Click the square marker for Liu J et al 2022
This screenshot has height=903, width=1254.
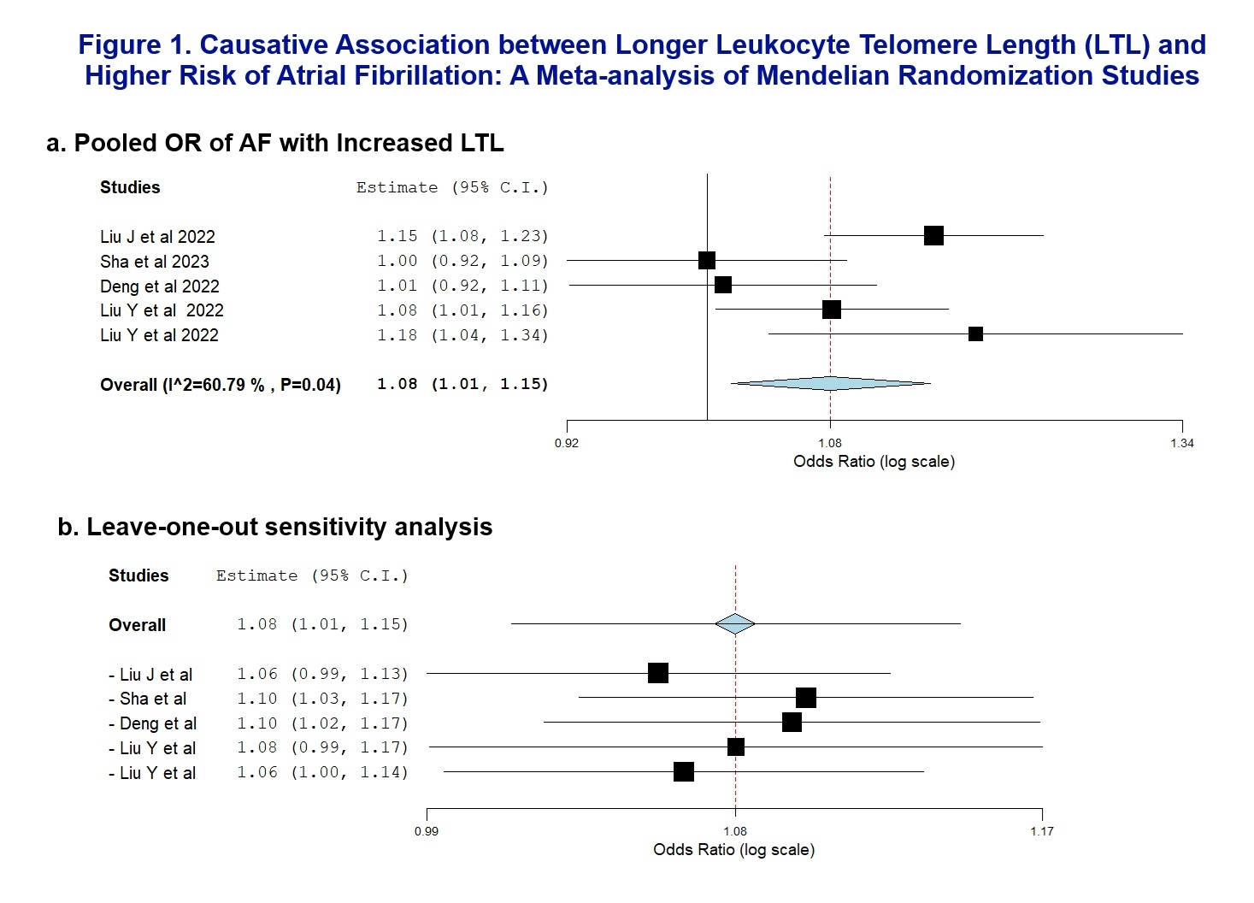(933, 235)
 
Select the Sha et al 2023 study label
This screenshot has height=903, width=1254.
(154, 262)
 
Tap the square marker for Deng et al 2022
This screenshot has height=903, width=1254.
(723, 285)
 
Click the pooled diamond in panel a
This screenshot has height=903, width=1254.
(830, 383)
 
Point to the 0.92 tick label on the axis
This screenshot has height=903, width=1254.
(567, 443)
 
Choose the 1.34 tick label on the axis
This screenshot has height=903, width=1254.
(1182, 443)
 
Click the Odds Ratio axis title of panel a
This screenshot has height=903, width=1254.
(874, 462)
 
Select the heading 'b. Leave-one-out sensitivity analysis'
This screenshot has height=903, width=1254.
(274, 527)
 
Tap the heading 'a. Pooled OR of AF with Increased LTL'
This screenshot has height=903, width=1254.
(274, 143)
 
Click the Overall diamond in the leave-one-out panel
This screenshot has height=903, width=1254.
(735, 624)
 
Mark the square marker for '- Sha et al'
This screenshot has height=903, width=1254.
(805, 699)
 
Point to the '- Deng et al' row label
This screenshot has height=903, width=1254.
(153, 723)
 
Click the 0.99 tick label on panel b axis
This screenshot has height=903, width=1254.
(427, 831)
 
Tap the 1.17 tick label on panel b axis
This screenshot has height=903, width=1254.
(1042, 831)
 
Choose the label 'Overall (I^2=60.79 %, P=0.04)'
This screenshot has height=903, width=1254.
(220, 385)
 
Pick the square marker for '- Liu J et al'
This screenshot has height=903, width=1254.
(657, 673)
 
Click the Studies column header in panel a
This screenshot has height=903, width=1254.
(130, 187)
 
